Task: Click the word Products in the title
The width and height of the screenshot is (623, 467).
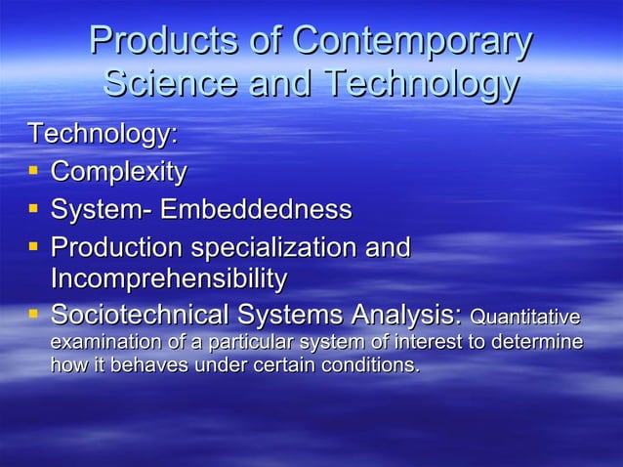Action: point(153,42)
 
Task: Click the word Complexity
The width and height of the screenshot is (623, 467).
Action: point(118,173)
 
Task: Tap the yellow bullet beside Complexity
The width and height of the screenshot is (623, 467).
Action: point(33,172)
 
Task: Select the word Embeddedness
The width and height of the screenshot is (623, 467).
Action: point(256,210)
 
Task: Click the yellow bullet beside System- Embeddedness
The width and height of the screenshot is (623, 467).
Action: point(33,209)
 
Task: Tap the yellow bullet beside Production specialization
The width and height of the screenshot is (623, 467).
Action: point(33,246)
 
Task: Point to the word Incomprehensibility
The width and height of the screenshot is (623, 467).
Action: point(168,279)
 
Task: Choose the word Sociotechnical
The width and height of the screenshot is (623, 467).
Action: point(134,316)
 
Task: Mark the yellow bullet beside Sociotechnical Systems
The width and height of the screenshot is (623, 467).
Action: point(33,315)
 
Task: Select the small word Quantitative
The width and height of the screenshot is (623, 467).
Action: point(524,318)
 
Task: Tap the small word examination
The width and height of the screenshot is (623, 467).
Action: point(96,343)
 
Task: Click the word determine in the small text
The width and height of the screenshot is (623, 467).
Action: point(546,343)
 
